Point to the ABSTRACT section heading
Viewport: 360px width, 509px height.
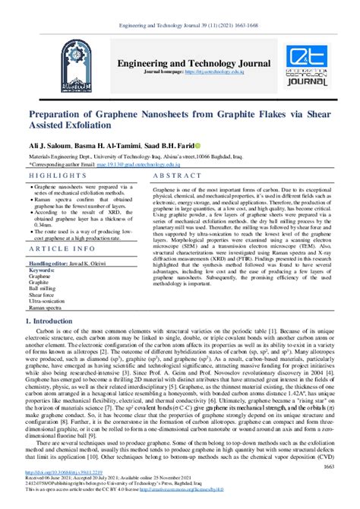[177, 175]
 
